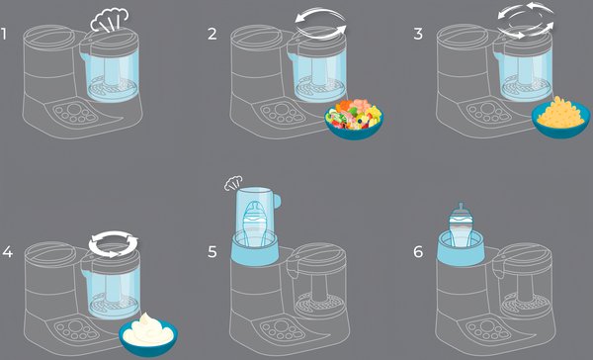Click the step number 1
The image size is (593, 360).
pyautogui.click(x=4, y=34)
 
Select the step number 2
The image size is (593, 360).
pyautogui.click(x=212, y=34)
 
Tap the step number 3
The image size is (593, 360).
pyautogui.click(x=418, y=34)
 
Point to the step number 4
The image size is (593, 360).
pyautogui.click(x=7, y=252)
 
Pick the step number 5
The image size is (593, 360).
pyautogui.click(x=212, y=252)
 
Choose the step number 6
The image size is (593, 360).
pyautogui.click(x=418, y=252)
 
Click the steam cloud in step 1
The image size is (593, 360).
pyautogui.click(x=110, y=20)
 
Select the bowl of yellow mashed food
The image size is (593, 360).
pyautogui.click(x=560, y=117)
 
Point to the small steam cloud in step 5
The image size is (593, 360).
pyautogui.click(x=233, y=183)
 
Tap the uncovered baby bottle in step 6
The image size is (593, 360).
pyautogui.click(x=461, y=226)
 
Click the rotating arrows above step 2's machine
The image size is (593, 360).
pyautogui.click(x=320, y=24)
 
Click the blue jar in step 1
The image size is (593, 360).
pyautogui.click(x=110, y=76)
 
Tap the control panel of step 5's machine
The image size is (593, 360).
pyautogui.click(x=283, y=330)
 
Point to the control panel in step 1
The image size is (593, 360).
pyautogui.click(x=74, y=113)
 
